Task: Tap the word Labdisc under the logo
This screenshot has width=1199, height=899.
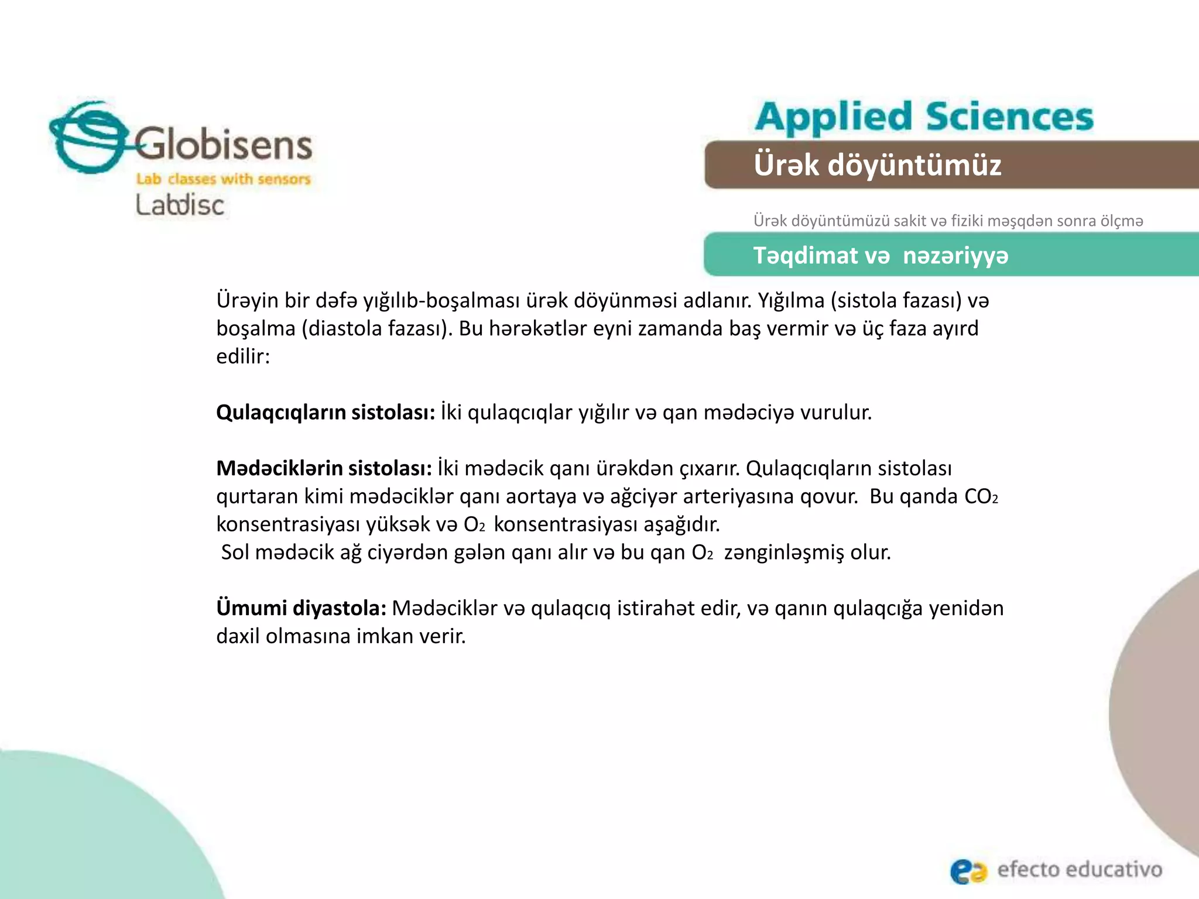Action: click(x=180, y=205)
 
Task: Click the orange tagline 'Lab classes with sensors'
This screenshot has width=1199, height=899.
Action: click(x=223, y=179)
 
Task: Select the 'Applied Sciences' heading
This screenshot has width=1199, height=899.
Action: click(x=924, y=116)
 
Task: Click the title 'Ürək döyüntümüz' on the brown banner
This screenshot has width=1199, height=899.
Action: click(x=877, y=164)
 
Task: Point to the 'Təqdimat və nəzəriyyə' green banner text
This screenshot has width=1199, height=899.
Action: click(x=881, y=255)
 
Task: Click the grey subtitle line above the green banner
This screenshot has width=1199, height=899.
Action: click(x=948, y=221)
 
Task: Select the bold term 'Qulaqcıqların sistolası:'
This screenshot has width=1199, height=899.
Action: click(x=326, y=413)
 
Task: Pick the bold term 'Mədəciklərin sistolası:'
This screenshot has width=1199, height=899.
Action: click(x=324, y=468)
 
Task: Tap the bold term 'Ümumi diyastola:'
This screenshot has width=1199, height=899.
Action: click(x=301, y=608)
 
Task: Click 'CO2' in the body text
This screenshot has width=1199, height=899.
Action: click(x=981, y=496)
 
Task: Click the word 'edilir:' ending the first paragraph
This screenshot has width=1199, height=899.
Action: click(x=243, y=356)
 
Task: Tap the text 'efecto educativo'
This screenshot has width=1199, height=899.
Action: click(x=1080, y=869)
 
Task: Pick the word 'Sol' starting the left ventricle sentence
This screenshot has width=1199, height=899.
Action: click(x=235, y=553)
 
